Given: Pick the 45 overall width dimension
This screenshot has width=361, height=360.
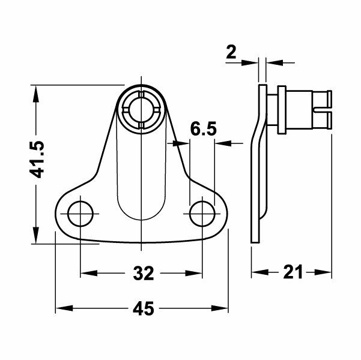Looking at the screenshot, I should (x=142, y=309).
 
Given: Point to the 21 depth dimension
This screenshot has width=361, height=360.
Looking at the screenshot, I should (x=292, y=272).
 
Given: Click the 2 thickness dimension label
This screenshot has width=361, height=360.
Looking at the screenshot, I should (x=231, y=53).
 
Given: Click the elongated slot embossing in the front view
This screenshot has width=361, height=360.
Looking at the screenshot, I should (x=141, y=180).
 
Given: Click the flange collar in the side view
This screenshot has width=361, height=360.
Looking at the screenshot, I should (x=279, y=110).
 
